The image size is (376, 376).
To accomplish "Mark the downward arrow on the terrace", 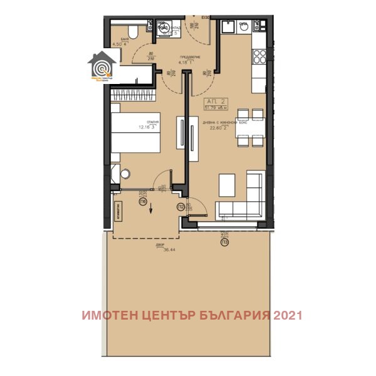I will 151,209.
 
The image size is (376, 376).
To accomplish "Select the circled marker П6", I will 143,202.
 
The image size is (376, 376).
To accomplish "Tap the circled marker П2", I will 180,206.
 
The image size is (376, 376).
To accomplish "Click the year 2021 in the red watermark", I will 287,315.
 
